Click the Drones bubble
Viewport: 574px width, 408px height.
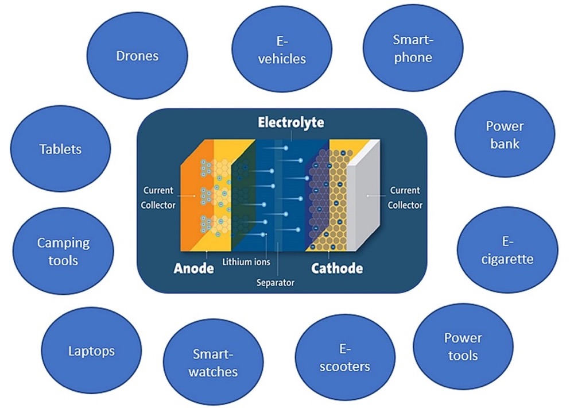[137, 56]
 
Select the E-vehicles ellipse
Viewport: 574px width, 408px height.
[281, 51]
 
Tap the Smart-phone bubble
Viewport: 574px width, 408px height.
[412, 48]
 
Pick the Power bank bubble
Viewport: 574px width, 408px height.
[505, 134]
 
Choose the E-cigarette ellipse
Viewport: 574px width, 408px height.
[508, 251]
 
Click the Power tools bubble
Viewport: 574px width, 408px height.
[463, 347]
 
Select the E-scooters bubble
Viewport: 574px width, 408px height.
[345, 357]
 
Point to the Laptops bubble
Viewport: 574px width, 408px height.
[92, 351]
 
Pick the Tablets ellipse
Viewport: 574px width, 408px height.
[60, 149]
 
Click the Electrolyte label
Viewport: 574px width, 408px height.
[290, 122]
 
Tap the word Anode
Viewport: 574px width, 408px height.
[195, 268]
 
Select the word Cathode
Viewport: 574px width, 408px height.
[337, 268]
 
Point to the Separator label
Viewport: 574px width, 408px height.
[276, 283]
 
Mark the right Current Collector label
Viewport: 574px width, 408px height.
[405, 197]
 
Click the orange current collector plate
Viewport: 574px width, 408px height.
[189, 195]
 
